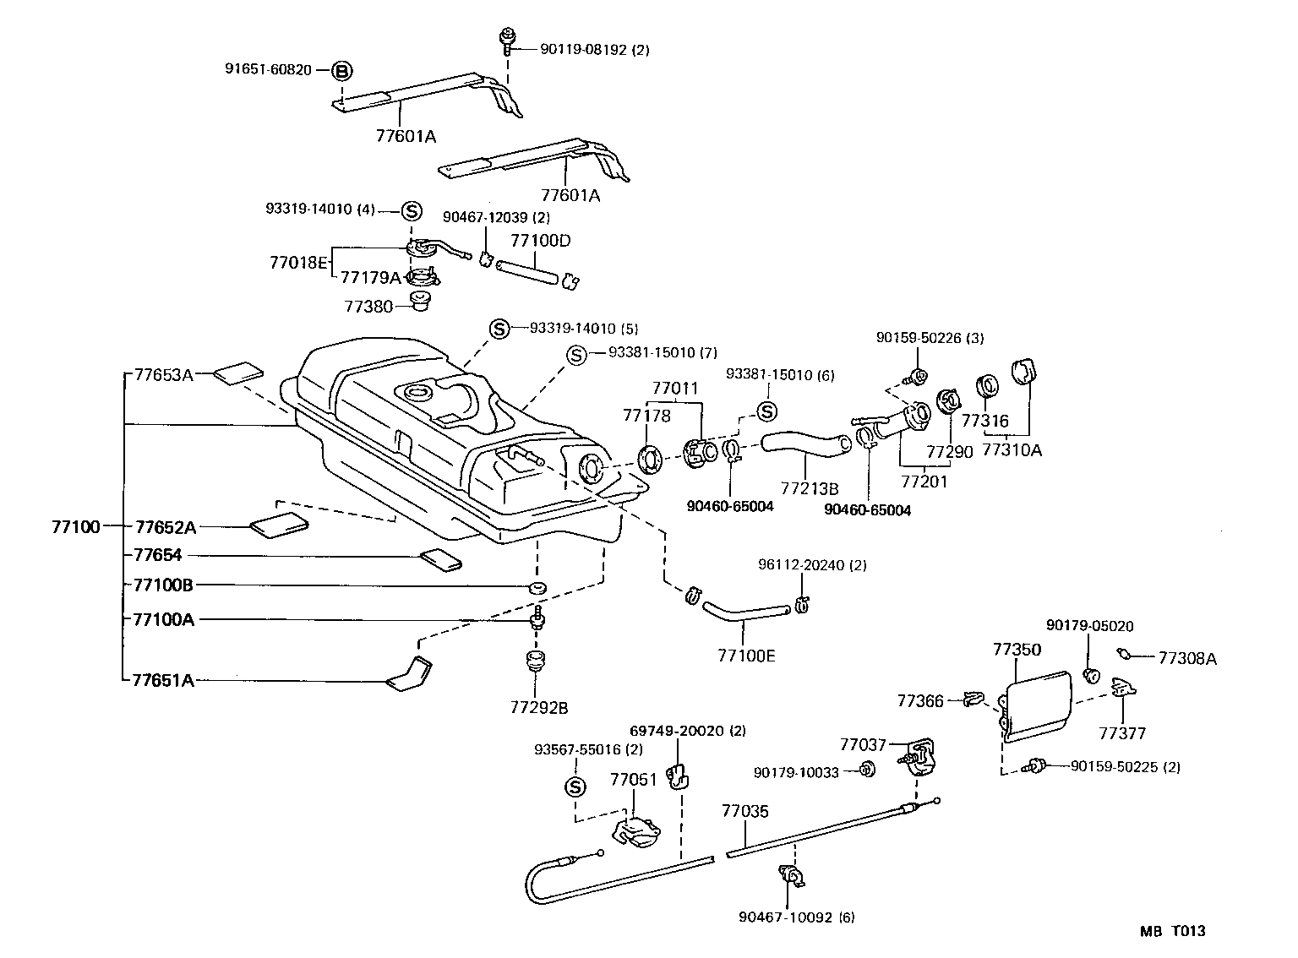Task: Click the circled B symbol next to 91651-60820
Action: click(341, 71)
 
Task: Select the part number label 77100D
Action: click(540, 241)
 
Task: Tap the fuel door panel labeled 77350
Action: click(1038, 703)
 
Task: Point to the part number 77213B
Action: click(809, 488)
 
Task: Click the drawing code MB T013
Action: click(1171, 931)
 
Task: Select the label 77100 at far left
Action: click(76, 527)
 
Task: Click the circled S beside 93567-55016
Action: click(574, 787)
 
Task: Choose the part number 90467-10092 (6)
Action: click(796, 917)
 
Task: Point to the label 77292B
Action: click(539, 707)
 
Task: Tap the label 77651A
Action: click(163, 680)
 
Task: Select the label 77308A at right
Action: click(1186, 658)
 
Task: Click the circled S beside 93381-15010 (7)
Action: click(575, 355)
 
